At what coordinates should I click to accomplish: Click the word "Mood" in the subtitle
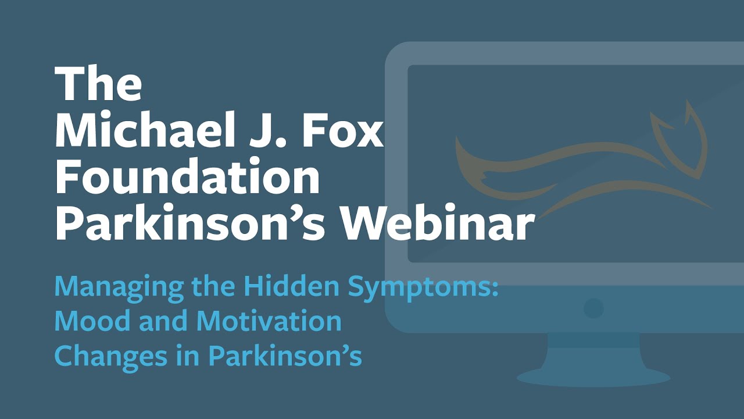pos(85,321)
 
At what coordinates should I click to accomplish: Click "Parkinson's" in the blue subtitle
pos(285,356)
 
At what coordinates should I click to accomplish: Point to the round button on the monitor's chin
pos(593,308)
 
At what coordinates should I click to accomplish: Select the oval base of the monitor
pos(593,378)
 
